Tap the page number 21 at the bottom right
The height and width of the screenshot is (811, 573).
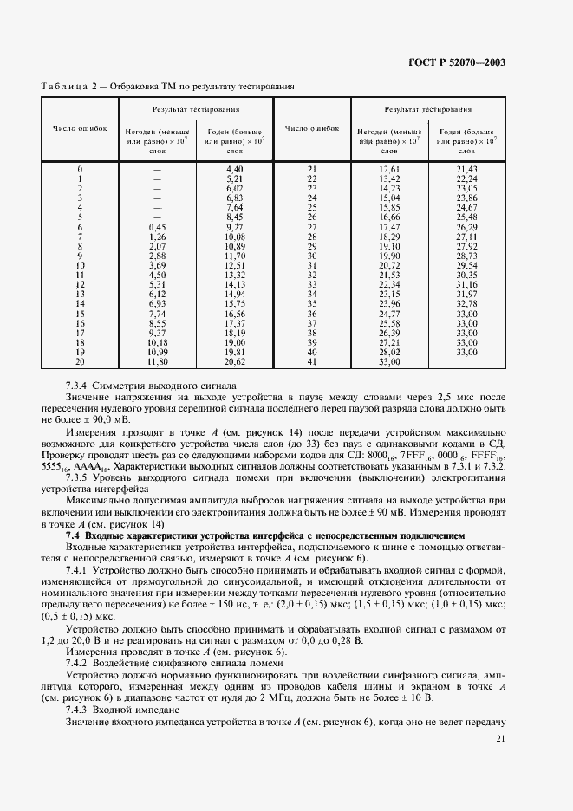click(x=500, y=738)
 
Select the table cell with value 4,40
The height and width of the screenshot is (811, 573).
click(x=232, y=168)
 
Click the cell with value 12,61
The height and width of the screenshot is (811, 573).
click(x=388, y=168)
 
